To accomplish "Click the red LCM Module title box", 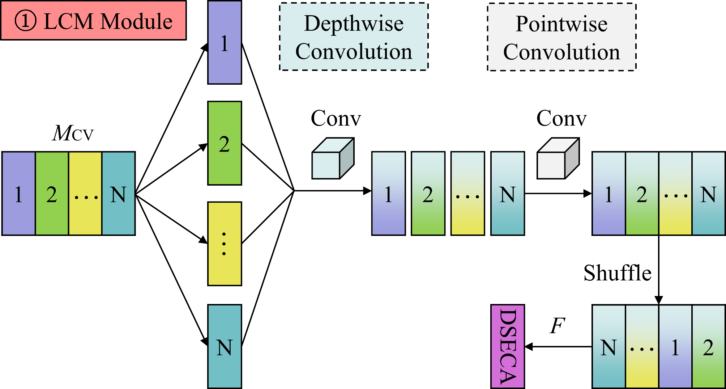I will click(x=93, y=20).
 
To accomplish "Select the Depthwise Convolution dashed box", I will click(x=354, y=37).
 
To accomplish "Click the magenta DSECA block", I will click(x=507, y=346).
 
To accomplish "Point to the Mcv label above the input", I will click(x=73, y=134).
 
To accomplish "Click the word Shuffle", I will click(x=617, y=273).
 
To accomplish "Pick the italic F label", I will click(x=557, y=326).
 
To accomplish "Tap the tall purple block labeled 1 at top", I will click(x=225, y=43).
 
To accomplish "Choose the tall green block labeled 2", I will click(x=225, y=143).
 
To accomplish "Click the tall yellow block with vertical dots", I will click(x=225, y=244).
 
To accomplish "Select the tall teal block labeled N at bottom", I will click(x=225, y=346).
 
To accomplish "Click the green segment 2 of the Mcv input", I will click(x=52, y=194).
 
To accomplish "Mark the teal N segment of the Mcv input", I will click(x=119, y=194).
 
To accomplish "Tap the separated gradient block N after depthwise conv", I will click(x=507, y=194).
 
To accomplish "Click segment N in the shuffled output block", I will click(x=608, y=346).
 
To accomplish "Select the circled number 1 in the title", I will click(x=25, y=21).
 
